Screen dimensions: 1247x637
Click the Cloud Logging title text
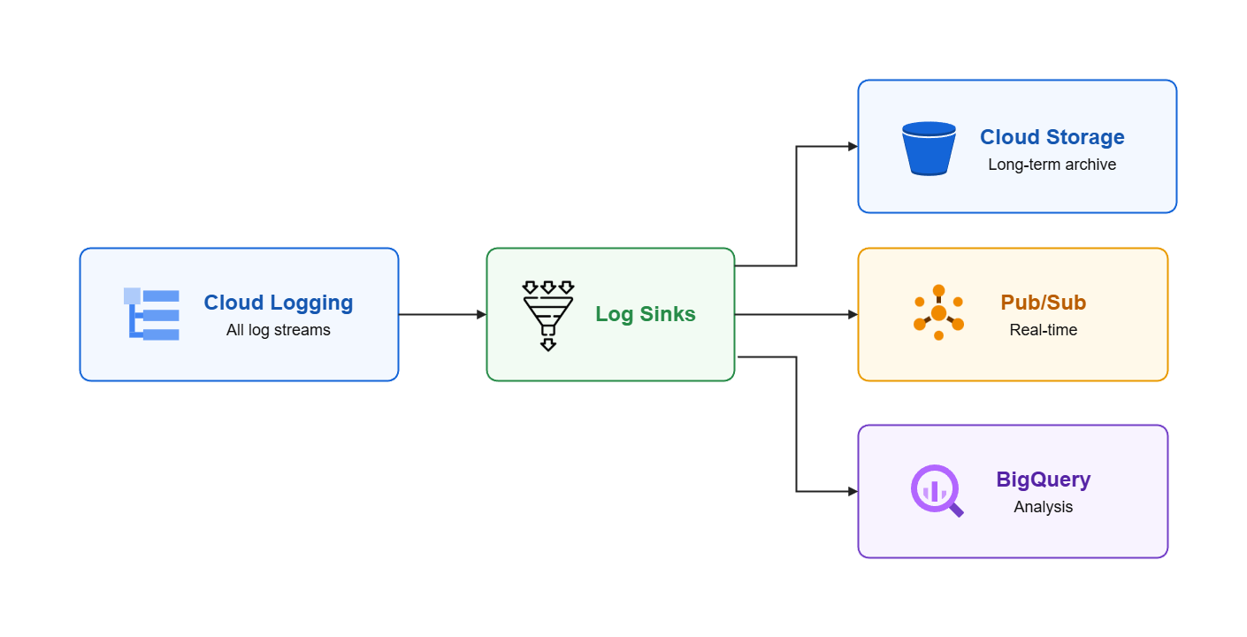(279, 303)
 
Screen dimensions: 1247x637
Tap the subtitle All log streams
(279, 330)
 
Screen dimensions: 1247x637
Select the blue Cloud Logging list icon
(151, 314)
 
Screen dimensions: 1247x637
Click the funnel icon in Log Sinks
(548, 316)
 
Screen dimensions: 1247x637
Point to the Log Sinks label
(646, 314)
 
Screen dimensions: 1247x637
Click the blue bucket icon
(929, 149)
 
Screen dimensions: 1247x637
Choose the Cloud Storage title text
(1052, 137)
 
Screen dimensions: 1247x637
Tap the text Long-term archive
(1052, 165)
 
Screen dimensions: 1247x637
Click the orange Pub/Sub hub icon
(938, 312)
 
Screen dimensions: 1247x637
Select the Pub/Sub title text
(1044, 303)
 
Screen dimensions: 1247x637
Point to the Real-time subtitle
(1044, 330)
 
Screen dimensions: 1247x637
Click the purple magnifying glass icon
(937, 491)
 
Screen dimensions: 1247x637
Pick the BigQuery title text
(1044, 480)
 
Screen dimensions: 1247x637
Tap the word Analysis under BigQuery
(1044, 507)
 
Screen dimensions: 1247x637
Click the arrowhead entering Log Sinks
(481, 315)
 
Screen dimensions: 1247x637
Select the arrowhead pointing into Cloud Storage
(853, 147)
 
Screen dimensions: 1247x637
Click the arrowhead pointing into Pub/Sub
(853, 315)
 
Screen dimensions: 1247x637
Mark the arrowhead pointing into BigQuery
(853, 492)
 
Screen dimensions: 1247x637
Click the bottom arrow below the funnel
(548, 345)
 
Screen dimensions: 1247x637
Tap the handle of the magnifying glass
(956, 510)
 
